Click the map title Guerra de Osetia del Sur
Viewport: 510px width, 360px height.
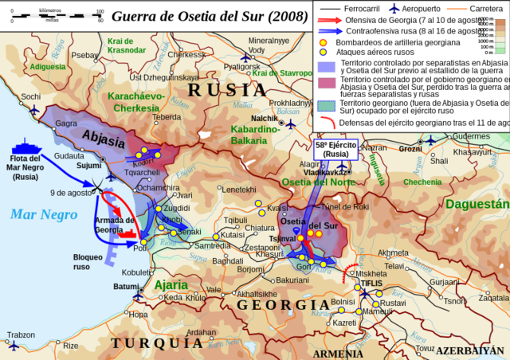tap(209, 15)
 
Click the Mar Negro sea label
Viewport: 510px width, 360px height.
tap(44, 213)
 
